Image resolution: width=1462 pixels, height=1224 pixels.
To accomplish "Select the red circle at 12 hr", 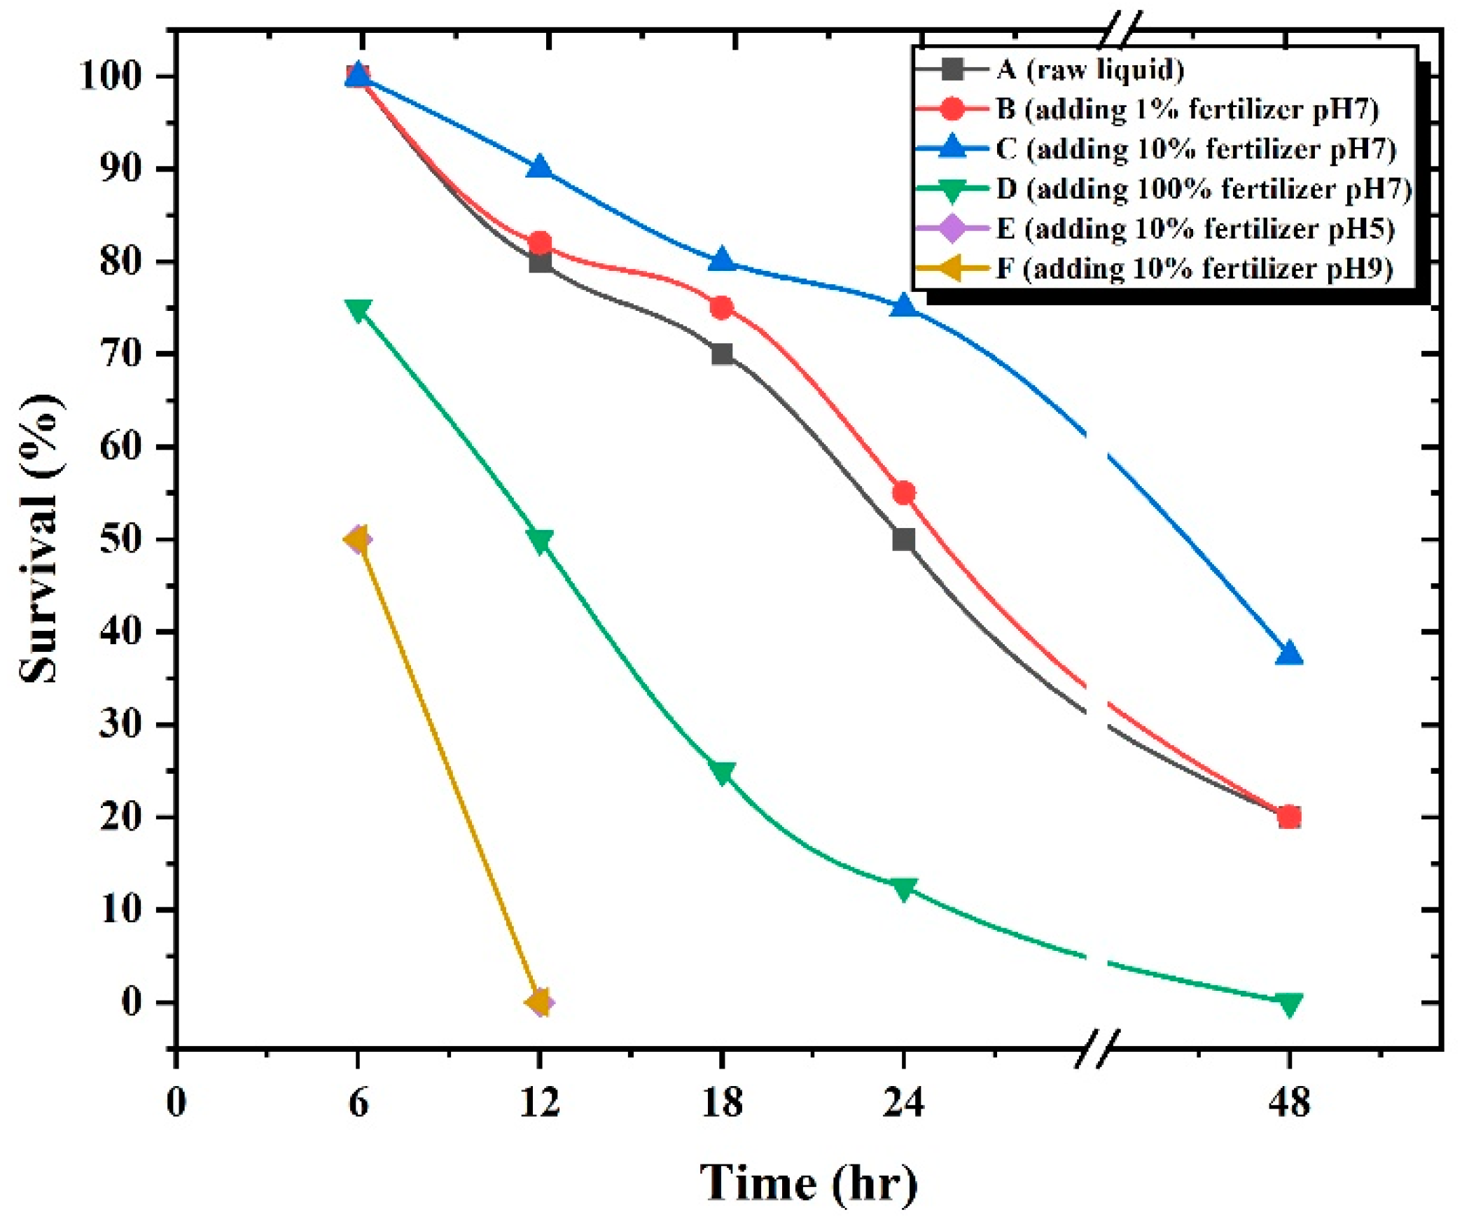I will point(540,243).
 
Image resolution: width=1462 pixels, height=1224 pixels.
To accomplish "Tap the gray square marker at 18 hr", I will point(722,354).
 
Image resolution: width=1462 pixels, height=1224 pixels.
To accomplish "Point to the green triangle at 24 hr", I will point(903,888).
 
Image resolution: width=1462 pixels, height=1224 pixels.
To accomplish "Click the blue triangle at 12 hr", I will point(540,168).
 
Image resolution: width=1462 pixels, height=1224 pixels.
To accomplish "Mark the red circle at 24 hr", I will point(903,493).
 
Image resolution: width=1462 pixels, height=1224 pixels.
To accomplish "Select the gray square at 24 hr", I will point(903,539).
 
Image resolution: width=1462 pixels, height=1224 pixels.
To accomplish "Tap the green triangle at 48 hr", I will point(1288,1003).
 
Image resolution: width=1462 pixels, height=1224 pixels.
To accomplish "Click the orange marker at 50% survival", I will point(357,539).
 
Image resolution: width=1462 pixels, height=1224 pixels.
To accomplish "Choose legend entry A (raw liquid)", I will point(1089,69).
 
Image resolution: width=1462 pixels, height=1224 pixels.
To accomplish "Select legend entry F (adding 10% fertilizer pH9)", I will point(1193,268).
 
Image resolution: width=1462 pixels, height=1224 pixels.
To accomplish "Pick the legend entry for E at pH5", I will point(1195,228).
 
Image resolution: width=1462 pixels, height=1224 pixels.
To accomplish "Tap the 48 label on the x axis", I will point(1288,1103).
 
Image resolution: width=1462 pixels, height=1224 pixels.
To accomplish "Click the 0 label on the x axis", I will point(176,1103).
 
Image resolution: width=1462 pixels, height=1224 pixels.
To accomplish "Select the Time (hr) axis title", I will point(809,1183).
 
